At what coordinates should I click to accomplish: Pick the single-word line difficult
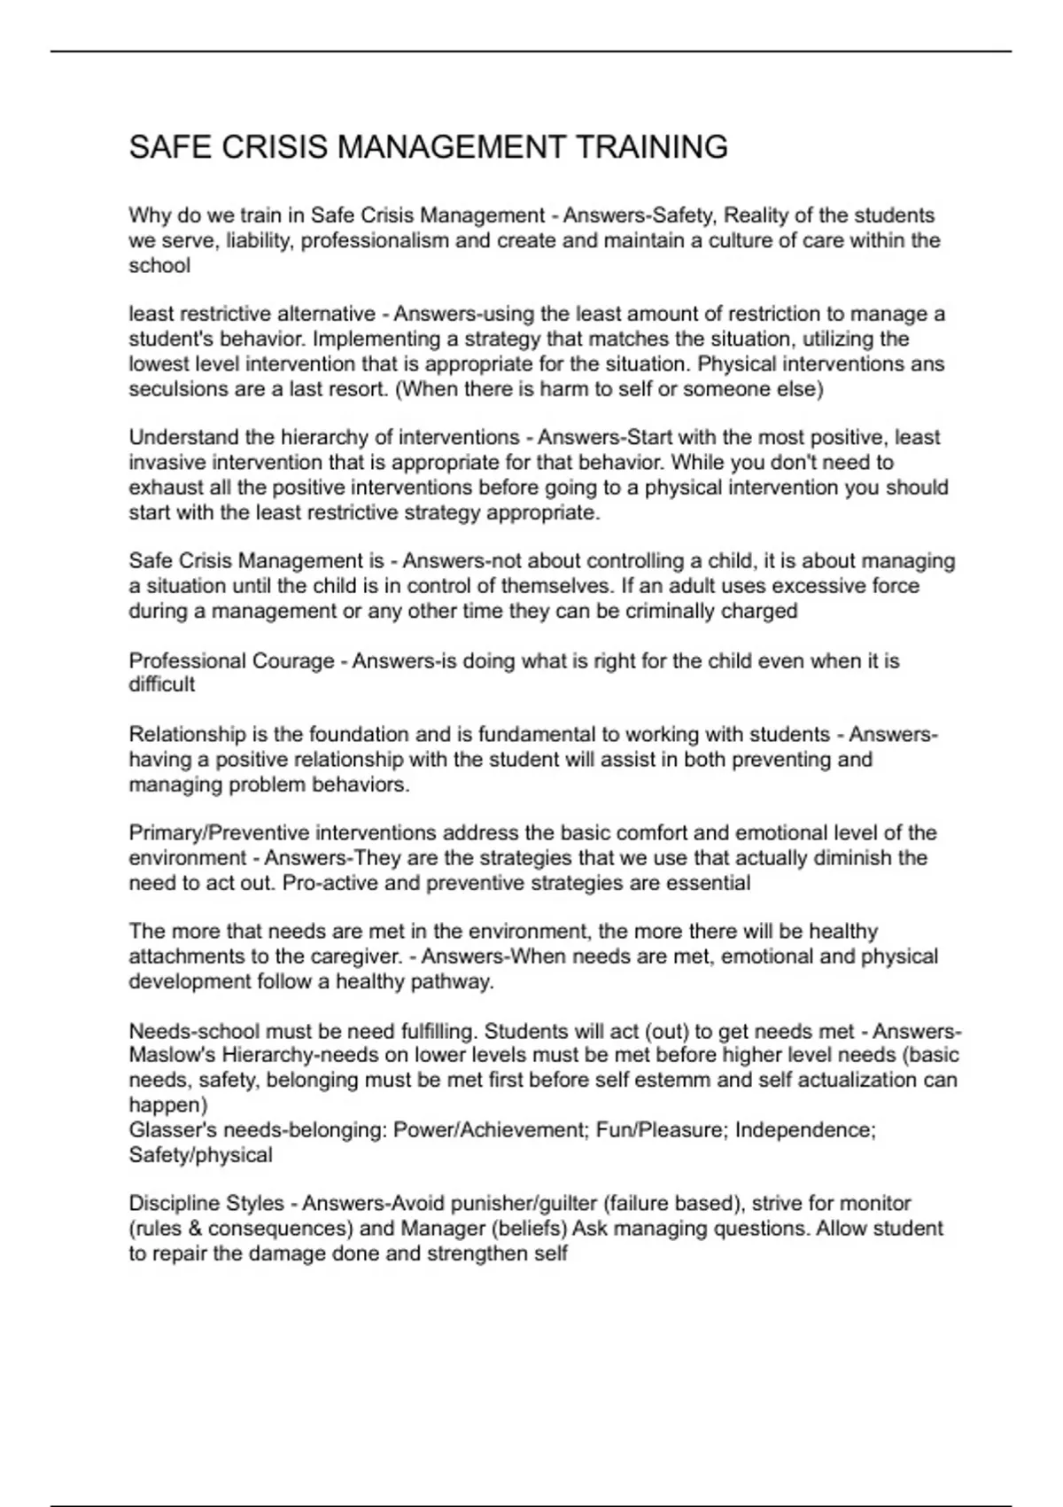point(161,684)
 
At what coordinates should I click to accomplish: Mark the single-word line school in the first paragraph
point(159,266)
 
